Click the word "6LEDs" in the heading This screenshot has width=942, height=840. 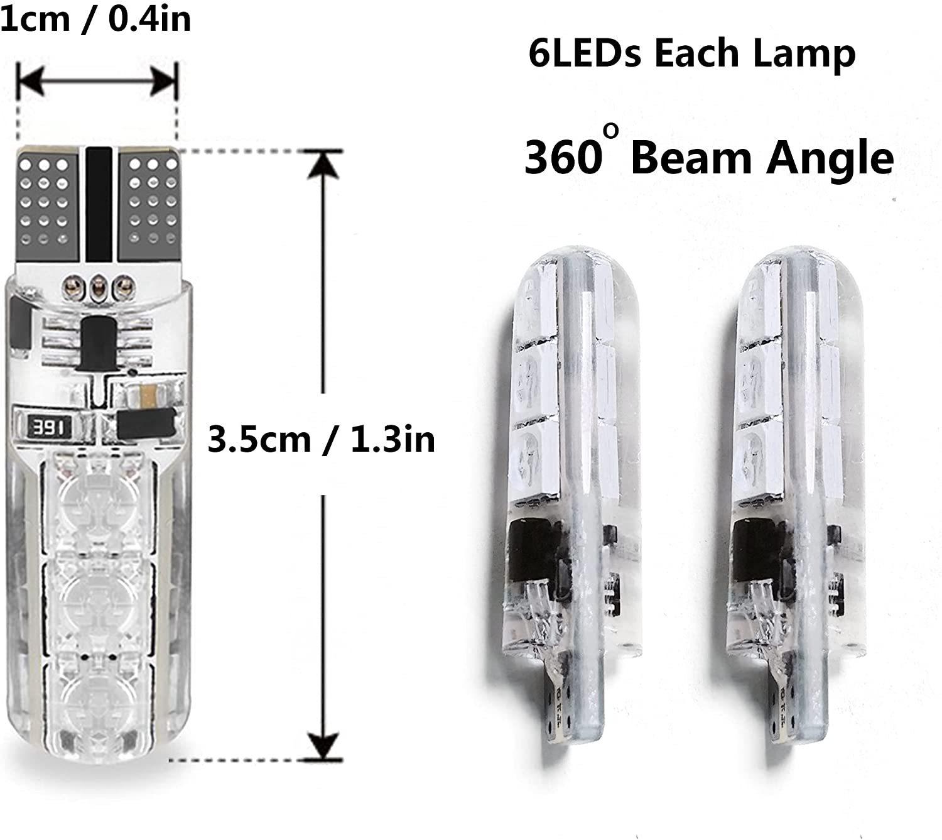click(x=585, y=54)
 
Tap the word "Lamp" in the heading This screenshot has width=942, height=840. click(x=816, y=54)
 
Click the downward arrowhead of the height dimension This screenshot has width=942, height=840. click(x=323, y=745)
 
